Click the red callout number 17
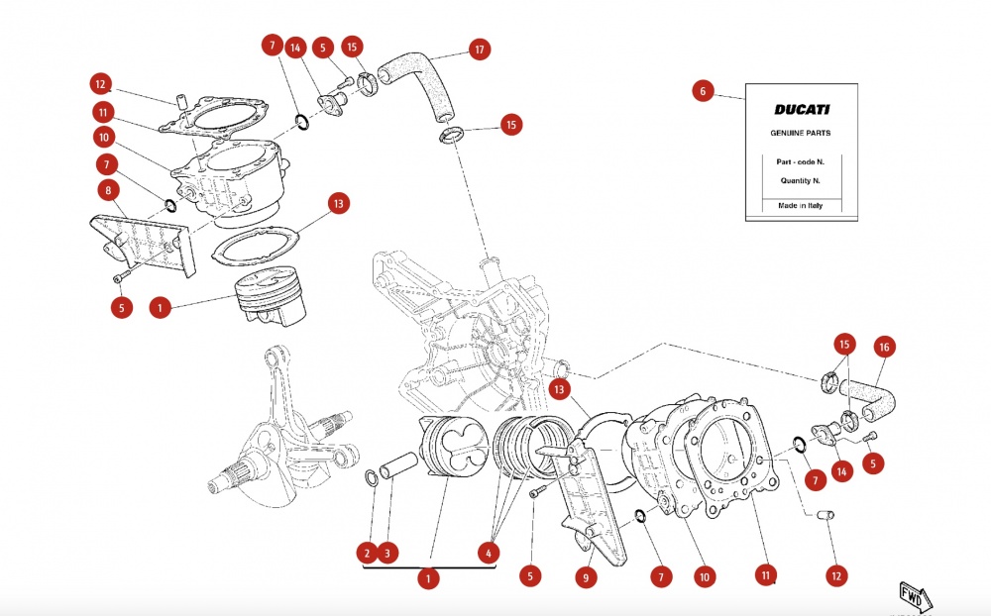pyautogui.click(x=479, y=50)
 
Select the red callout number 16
pyautogui.click(x=884, y=347)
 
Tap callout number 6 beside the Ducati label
pyautogui.click(x=703, y=91)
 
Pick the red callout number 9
pyautogui.click(x=586, y=577)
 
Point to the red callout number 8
pyautogui.click(x=108, y=190)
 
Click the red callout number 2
pyautogui.click(x=367, y=554)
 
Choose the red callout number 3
pyautogui.click(x=387, y=554)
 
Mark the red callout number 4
pyautogui.click(x=488, y=554)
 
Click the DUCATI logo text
pyautogui.click(x=802, y=109)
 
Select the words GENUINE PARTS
pyautogui.click(x=800, y=133)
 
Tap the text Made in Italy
pyautogui.click(x=800, y=205)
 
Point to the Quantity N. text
pyautogui.click(x=800, y=180)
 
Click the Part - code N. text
pyautogui.click(x=800, y=161)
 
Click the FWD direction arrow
pyautogui.click(x=915, y=596)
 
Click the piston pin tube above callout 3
pyautogui.click(x=398, y=466)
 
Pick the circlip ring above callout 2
pyautogui.click(x=372, y=478)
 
